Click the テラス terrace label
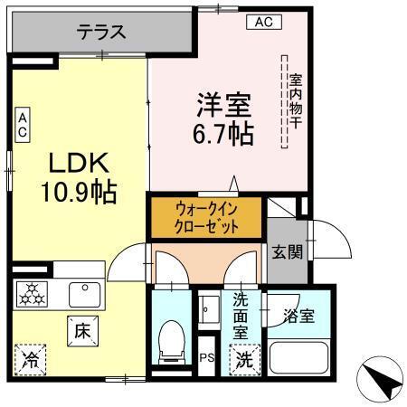100,33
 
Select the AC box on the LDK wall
23,125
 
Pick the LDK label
79,164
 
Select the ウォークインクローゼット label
207,218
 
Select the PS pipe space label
206,359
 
